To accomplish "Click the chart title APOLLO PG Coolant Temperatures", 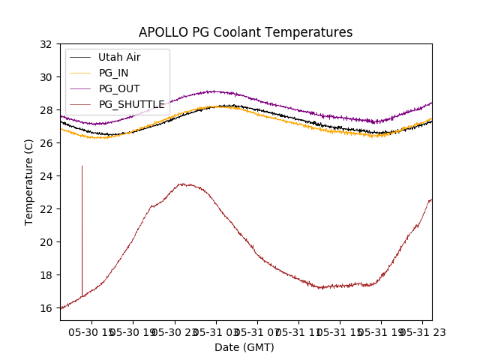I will (x=245, y=32).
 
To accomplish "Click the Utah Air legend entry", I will (x=119, y=57).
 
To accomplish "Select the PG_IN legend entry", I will (x=114, y=73).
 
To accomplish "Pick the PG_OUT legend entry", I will (x=118, y=88).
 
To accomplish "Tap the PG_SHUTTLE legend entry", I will (x=131, y=104).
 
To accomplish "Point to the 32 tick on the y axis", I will (x=47, y=43).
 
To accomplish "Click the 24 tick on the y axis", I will (x=47, y=175).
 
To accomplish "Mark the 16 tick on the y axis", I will (x=47, y=307).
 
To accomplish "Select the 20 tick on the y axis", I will (x=47, y=241).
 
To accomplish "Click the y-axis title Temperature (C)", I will (x=29, y=181).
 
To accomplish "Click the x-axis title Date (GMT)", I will (x=244, y=347).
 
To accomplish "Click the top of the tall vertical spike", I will (x=82, y=166).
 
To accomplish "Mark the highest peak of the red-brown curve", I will (x=183, y=184).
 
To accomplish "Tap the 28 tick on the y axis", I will (x=47, y=109).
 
